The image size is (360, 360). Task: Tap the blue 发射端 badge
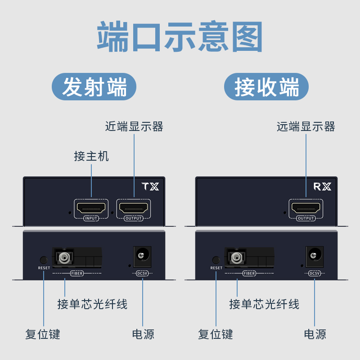[x=94, y=87]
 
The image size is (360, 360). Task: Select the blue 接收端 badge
[x=266, y=87]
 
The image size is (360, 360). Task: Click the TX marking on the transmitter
[x=150, y=186]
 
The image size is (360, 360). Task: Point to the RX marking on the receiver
[x=322, y=186]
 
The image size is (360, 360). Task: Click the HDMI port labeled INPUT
[x=91, y=208]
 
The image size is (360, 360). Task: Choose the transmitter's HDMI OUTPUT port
[x=134, y=208]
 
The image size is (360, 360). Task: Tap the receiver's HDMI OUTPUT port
[x=306, y=208]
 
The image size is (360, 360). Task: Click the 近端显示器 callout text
[x=134, y=126]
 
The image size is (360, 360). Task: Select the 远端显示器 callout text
[x=306, y=126]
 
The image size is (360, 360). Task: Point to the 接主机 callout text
[x=91, y=156]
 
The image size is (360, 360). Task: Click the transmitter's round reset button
[x=44, y=260]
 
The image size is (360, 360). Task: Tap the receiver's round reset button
[x=216, y=260]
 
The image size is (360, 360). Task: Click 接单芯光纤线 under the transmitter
[x=92, y=304]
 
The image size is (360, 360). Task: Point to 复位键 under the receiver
[x=216, y=334]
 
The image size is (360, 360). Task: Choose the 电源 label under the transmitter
[x=143, y=334]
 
